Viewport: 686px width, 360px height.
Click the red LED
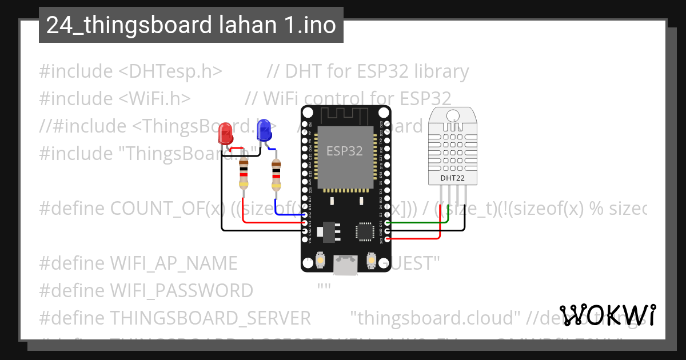pyautogui.click(x=225, y=134)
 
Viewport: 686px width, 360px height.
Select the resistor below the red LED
pyautogui.click(x=244, y=173)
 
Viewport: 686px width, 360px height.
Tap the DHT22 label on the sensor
pyautogui.click(x=452, y=178)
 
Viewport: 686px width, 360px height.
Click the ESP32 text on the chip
pyautogui.click(x=344, y=151)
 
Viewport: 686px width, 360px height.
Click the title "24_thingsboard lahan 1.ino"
pyautogui.click(x=191, y=25)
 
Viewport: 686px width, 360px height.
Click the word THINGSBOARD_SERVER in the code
pyautogui.click(x=210, y=318)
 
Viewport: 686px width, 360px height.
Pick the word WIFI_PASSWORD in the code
pyautogui.click(x=181, y=291)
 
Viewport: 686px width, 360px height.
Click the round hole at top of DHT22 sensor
pyautogui.click(x=452, y=115)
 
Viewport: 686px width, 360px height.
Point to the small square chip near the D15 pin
pyautogui.click(x=364, y=231)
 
